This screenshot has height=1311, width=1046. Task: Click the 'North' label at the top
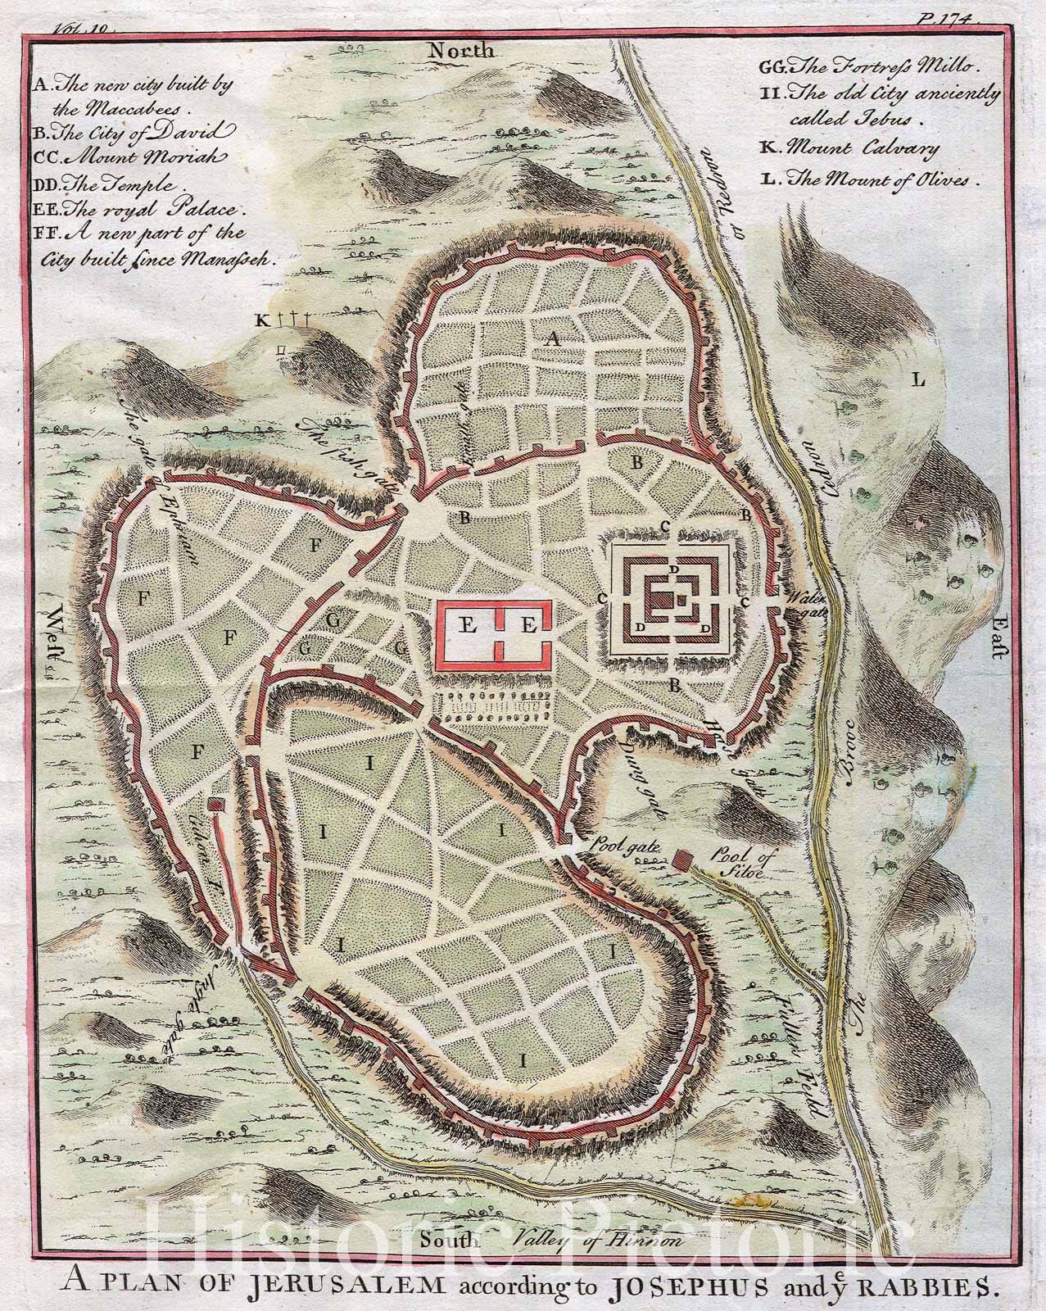click(x=464, y=51)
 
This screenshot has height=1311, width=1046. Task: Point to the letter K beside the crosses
click(x=261, y=320)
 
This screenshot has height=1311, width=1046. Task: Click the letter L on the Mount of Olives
click(x=918, y=379)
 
